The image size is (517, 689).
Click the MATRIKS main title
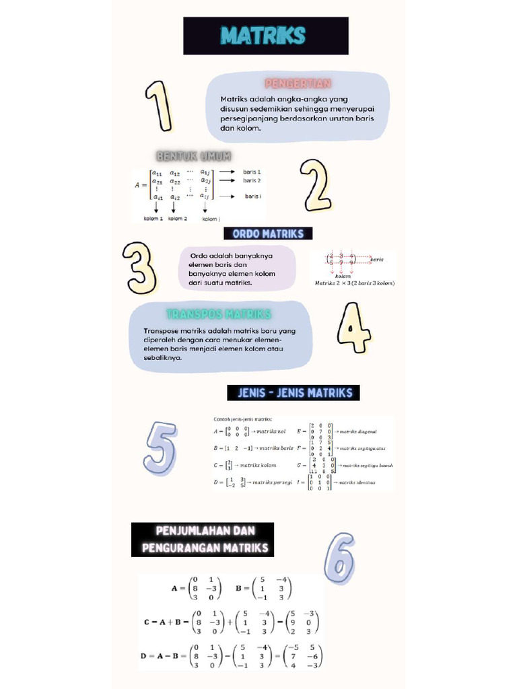[x=265, y=36]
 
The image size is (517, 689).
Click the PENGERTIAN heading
[x=298, y=83]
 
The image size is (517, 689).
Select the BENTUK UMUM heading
[x=194, y=156]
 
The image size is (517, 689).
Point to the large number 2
[x=314, y=184]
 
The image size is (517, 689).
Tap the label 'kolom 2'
[x=178, y=219]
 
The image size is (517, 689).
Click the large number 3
[x=140, y=268]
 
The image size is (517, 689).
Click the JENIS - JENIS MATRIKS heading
[x=295, y=393]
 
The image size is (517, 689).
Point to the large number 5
[x=160, y=446]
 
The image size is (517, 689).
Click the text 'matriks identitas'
[x=356, y=483]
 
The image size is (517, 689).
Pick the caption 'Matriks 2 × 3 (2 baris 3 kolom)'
[x=355, y=283]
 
